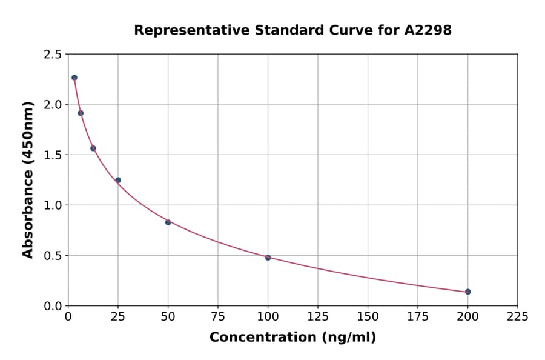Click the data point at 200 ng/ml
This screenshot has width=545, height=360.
click(x=467, y=292)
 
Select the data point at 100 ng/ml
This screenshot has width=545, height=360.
click(x=268, y=258)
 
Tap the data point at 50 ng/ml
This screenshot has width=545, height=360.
click(x=168, y=222)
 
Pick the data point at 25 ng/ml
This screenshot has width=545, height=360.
click(x=118, y=180)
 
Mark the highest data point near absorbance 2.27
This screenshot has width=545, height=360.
click(x=74, y=78)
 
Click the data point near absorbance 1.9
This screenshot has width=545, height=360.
click(x=81, y=113)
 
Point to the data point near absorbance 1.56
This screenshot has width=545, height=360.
click(x=93, y=148)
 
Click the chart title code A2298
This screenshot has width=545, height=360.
click(x=428, y=30)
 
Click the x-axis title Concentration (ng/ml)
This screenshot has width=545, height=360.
click(x=292, y=338)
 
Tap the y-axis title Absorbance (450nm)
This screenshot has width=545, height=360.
click(x=28, y=179)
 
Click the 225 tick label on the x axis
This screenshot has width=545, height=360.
click(x=517, y=317)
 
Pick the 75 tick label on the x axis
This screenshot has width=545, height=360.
click(x=218, y=317)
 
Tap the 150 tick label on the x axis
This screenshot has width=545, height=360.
click(x=368, y=317)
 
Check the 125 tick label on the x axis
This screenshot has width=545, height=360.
click(x=318, y=317)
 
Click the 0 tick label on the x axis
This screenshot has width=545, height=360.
click(x=68, y=317)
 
